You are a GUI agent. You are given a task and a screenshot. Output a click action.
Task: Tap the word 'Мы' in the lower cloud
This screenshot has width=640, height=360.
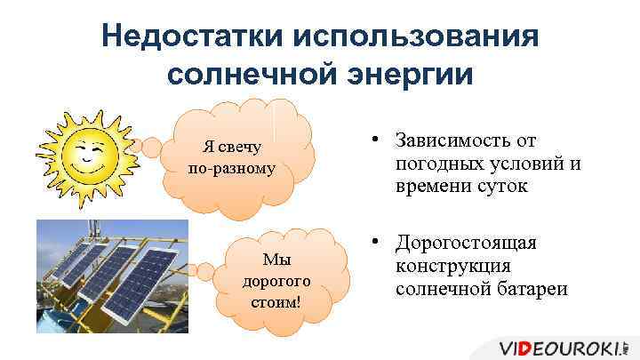click(x=276, y=259)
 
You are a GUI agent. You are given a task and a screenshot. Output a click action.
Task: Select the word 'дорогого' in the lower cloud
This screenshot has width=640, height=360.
click(x=276, y=280)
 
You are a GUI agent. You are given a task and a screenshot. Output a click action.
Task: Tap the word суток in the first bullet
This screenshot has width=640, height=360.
click(x=503, y=188)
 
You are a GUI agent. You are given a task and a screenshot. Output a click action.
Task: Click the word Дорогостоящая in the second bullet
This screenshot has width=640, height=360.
click(x=468, y=243)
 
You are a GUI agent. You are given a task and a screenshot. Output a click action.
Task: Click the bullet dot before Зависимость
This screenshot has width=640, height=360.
click(x=378, y=140)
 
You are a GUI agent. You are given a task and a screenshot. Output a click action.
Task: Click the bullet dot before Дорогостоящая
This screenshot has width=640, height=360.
click(x=378, y=242)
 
